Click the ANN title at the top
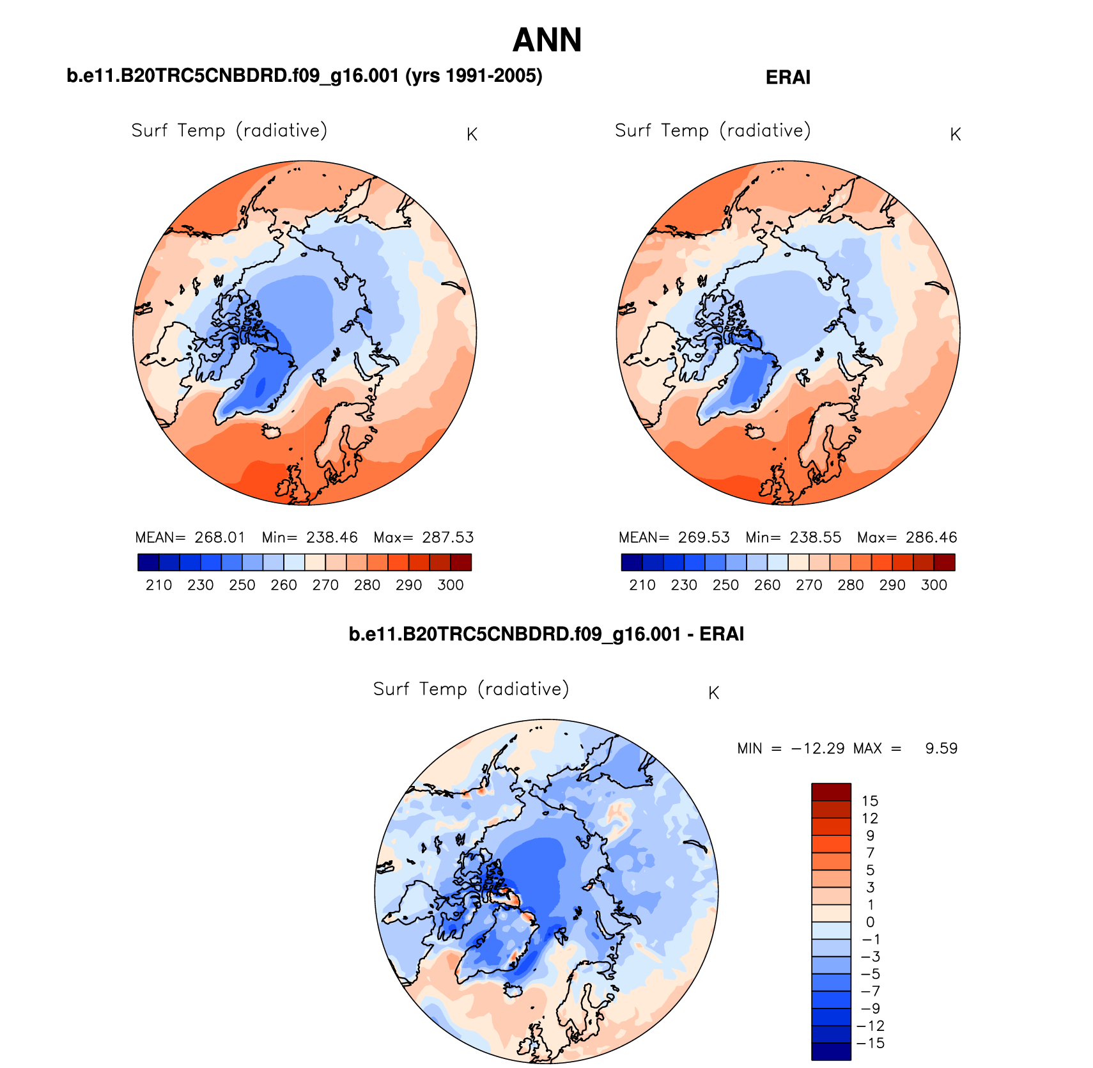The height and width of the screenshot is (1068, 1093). click(x=547, y=40)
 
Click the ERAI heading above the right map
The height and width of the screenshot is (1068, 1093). click(x=787, y=78)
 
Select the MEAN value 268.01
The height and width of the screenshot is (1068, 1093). click(x=220, y=537)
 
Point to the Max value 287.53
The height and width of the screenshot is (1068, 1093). click(x=447, y=537)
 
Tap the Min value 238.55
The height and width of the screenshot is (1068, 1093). click(x=816, y=537)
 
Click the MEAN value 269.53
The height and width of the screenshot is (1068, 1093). click(x=704, y=537)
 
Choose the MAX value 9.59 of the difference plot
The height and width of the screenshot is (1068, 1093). click(x=941, y=748)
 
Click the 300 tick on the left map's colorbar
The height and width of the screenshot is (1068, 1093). click(x=451, y=585)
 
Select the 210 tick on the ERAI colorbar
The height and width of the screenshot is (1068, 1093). click(x=642, y=585)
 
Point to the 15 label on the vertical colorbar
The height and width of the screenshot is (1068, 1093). click(x=870, y=801)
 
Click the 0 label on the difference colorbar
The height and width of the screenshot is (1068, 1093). click(x=870, y=922)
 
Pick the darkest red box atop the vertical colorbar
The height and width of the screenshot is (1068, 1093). click(x=831, y=792)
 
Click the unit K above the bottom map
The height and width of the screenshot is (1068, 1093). click(x=714, y=693)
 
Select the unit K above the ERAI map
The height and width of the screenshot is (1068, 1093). click(x=956, y=135)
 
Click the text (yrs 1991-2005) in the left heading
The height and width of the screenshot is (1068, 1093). click(x=474, y=76)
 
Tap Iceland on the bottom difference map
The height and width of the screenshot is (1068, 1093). click(x=513, y=990)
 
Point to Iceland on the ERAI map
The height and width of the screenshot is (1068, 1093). click(x=755, y=432)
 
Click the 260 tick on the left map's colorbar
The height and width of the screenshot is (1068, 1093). click(x=284, y=585)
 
